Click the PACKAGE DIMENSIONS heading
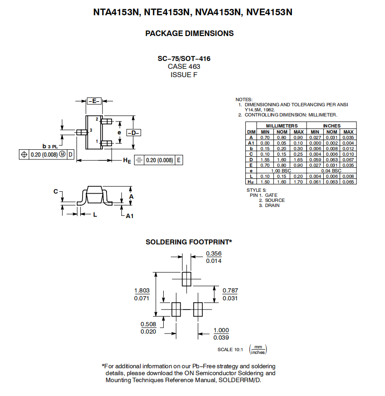190,33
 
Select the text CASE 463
184,67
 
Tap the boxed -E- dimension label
94,101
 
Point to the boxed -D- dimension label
134,133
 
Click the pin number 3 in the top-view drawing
91,130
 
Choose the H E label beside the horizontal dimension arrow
127,160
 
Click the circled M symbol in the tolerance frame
62,154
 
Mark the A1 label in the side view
130,216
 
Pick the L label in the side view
95,215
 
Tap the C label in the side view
56,191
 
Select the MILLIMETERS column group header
282,126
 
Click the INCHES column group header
332,126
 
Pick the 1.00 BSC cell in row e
281,171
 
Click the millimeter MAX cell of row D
298,159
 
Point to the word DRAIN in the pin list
272,205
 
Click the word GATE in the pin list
271,195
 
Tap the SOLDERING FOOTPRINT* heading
189,242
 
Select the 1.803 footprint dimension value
142,291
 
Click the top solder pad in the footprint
186,279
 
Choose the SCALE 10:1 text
230,349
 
